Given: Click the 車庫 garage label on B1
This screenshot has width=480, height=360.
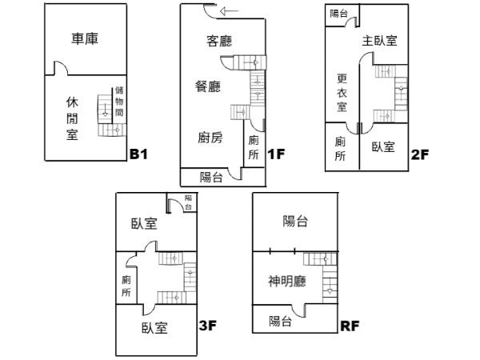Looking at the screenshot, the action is point(85,39).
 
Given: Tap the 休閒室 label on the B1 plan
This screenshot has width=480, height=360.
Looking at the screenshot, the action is point(72,118).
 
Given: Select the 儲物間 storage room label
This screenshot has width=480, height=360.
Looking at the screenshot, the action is point(119,102).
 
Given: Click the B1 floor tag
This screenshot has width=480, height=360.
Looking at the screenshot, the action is point(139,154).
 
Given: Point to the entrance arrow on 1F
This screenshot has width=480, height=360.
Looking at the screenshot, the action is point(229,11).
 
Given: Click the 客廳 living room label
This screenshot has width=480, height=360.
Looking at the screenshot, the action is point(219,41).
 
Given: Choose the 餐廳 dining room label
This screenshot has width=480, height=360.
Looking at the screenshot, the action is point(208,86).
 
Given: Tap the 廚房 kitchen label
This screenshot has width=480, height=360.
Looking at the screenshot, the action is point(210,138).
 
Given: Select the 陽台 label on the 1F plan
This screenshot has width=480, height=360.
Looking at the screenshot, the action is point(211,177).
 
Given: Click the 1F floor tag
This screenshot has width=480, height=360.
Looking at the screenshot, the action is point(276,154).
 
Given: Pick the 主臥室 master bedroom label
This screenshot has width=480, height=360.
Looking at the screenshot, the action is point(379,41).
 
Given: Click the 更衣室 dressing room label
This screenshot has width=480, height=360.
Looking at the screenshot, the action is point(342,93).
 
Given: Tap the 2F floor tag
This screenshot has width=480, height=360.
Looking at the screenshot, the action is point(420,154).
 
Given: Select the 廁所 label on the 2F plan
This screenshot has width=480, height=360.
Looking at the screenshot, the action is point(340,149).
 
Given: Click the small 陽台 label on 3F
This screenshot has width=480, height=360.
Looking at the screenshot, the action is point(188,202).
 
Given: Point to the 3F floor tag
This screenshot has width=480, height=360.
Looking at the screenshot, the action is point(208,325).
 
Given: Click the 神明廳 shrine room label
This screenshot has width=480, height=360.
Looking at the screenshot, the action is point(287,281).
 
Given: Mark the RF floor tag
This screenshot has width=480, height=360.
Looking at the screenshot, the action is point(350,326).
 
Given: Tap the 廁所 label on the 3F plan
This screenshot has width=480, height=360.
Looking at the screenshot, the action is point(126,286).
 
